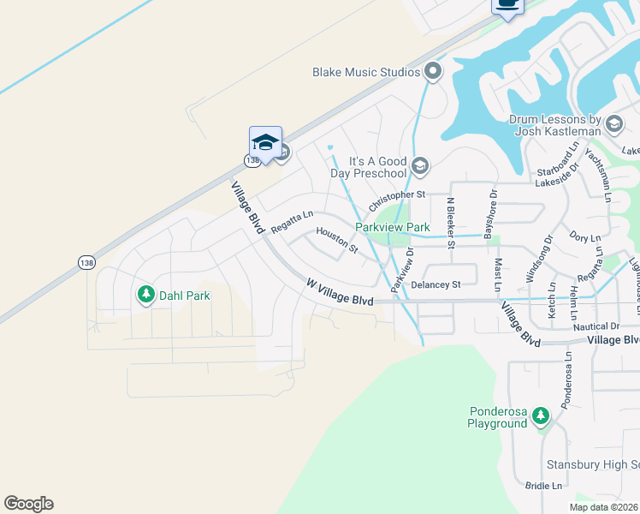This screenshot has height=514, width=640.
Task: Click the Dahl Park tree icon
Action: click(145, 296)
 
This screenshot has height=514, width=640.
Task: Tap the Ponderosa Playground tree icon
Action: click(540, 416)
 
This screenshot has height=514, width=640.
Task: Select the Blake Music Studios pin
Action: click(433, 72)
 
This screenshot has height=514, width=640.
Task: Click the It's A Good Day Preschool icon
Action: click(419, 165)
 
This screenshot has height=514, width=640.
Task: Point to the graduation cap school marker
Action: click(265, 143)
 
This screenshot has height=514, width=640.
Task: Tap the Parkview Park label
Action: click(393, 227)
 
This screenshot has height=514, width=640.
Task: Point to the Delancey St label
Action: click(436, 284)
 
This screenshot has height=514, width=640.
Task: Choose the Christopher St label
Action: click(396, 202)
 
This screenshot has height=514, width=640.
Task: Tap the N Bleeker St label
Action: click(449, 222)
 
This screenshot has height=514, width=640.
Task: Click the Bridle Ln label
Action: click(544, 486)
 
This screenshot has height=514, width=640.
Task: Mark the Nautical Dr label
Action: click(596, 326)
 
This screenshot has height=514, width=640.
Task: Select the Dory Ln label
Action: click(584, 237)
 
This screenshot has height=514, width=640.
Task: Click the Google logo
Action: click(28, 504)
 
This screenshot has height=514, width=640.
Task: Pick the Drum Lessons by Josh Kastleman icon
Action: click(613, 126)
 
